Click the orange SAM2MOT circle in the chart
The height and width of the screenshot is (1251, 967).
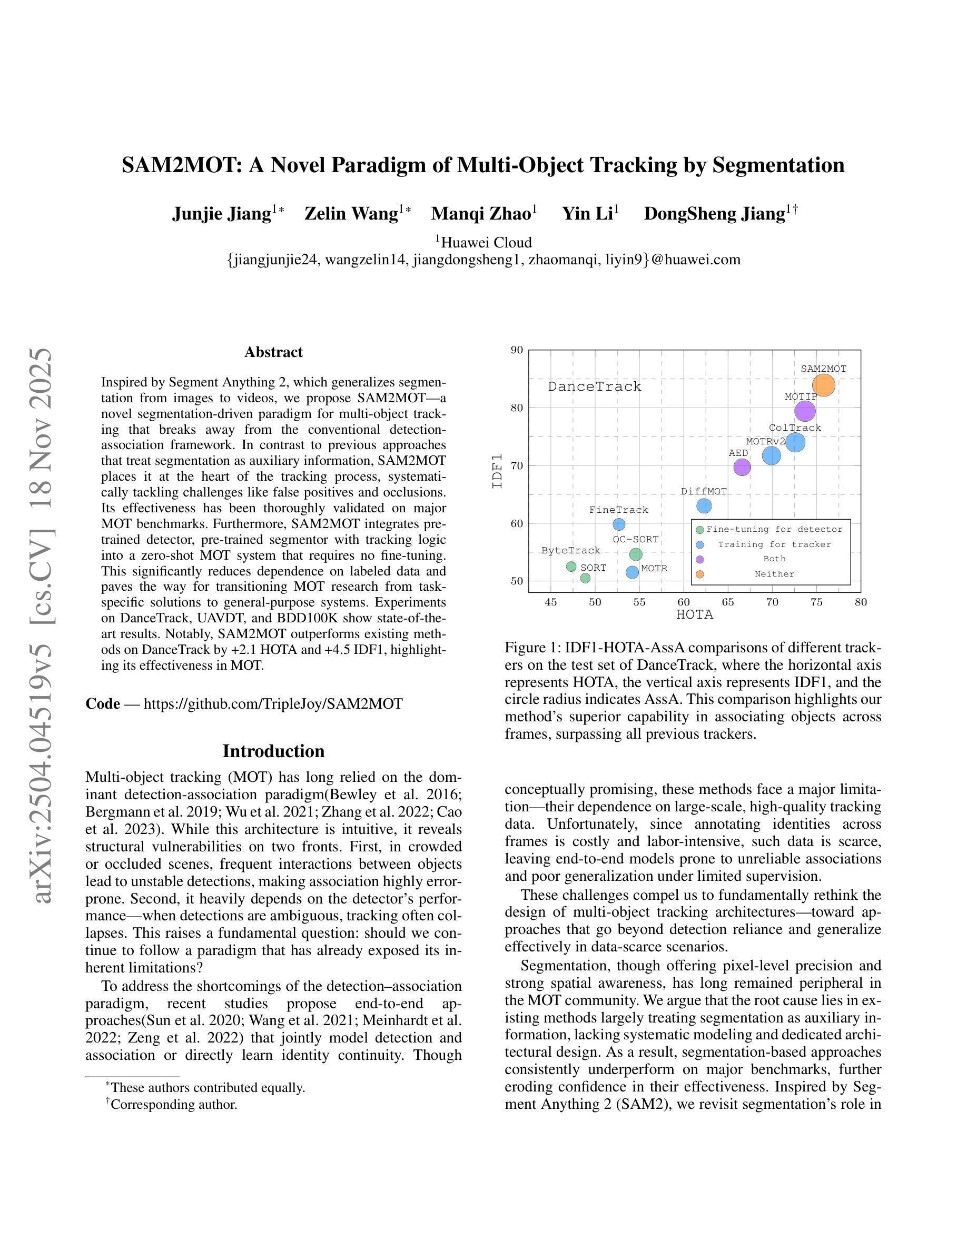click(x=823, y=385)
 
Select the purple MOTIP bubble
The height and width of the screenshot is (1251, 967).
click(x=805, y=411)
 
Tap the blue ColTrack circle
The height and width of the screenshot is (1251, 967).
click(x=795, y=442)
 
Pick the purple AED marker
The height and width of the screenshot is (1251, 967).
click(x=742, y=468)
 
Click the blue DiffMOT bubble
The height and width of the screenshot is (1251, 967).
click(x=704, y=506)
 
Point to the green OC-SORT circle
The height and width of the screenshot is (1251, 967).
click(x=636, y=554)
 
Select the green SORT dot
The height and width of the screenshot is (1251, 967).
click(x=586, y=578)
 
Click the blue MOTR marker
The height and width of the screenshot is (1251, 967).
click(x=632, y=572)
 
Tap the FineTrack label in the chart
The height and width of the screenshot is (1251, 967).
click(x=619, y=510)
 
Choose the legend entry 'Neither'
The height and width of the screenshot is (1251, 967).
click(x=774, y=574)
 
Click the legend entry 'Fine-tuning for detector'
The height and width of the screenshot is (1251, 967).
click(x=774, y=529)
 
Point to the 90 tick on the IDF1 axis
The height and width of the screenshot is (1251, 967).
click(x=517, y=350)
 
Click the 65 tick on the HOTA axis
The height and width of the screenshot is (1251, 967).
click(x=727, y=602)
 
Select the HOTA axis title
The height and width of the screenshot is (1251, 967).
click(x=694, y=614)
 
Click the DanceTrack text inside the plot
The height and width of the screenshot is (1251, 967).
click(x=594, y=386)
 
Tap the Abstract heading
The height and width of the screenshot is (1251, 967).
click(x=273, y=352)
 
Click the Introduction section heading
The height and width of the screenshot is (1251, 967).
click(x=273, y=751)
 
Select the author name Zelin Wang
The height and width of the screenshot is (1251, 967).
click(x=351, y=214)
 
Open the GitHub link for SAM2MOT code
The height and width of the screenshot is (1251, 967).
click(x=273, y=703)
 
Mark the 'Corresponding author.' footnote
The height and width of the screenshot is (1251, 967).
click(x=174, y=1104)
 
